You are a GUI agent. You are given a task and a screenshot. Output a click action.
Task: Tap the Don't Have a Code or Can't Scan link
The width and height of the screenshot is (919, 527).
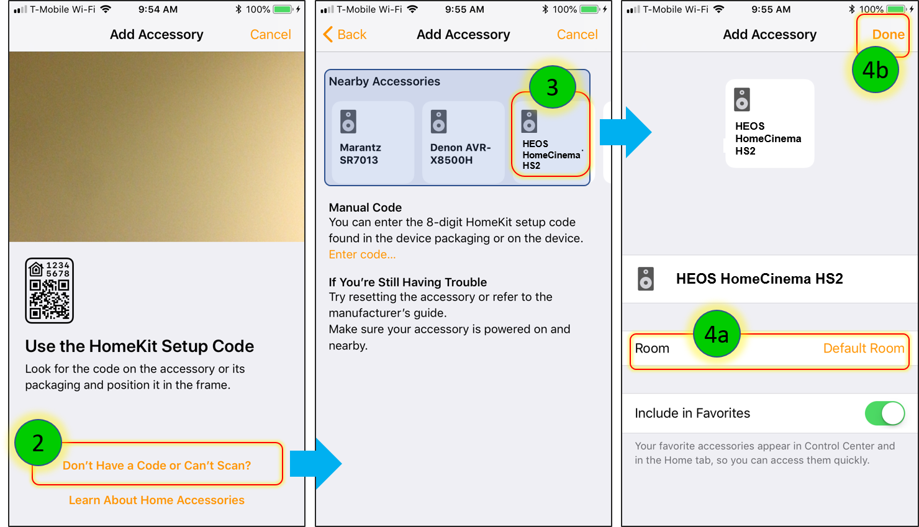click(156, 466)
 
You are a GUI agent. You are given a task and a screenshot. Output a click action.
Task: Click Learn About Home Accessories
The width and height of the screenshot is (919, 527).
click(156, 500)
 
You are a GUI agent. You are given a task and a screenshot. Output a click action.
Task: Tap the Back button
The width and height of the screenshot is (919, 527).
click(345, 34)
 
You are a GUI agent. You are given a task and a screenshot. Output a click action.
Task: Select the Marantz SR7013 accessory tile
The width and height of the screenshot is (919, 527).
click(373, 142)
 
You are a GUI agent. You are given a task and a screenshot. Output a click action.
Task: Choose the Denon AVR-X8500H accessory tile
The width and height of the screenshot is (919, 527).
click(463, 142)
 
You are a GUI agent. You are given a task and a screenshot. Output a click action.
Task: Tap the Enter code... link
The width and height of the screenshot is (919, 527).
click(362, 254)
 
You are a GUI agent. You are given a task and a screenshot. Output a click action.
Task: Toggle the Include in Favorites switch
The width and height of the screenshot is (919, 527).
click(885, 413)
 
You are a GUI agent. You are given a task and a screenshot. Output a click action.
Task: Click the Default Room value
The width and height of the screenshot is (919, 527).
click(864, 348)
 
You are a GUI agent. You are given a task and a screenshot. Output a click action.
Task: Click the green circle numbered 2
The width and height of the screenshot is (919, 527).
click(38, 443)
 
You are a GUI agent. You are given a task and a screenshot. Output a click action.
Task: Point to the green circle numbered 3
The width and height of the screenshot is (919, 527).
click(552, 87)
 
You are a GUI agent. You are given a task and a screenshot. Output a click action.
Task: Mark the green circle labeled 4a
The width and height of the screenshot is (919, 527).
click(717, 334)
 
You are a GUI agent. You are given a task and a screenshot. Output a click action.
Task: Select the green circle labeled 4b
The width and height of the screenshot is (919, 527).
click(876, 70)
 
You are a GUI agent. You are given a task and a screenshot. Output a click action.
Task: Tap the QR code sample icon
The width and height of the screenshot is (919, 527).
click(49, 291)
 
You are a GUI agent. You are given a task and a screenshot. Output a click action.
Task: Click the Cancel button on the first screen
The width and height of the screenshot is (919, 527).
click(271, 34)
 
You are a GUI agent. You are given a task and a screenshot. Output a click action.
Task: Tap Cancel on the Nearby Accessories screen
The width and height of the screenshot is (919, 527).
click(577, 34)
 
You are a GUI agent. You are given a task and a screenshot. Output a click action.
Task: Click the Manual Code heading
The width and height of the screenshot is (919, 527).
click(365, 207)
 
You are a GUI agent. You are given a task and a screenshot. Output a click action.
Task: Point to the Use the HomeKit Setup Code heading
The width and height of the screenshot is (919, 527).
click(140, 346)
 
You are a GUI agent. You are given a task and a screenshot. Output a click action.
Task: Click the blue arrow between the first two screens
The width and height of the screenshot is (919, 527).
click(315, 464)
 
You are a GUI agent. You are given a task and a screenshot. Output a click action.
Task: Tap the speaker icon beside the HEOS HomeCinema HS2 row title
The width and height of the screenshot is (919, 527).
click(646, 279)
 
